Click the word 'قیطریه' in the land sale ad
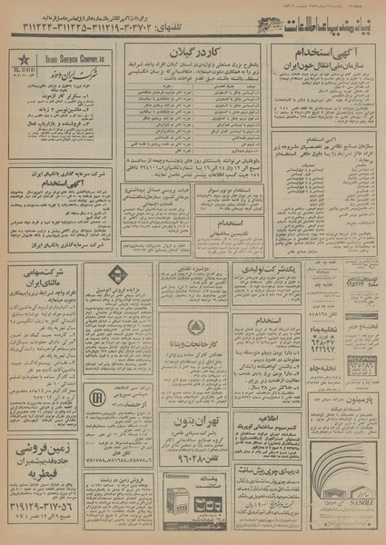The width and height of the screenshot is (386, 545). coord(56,475)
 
